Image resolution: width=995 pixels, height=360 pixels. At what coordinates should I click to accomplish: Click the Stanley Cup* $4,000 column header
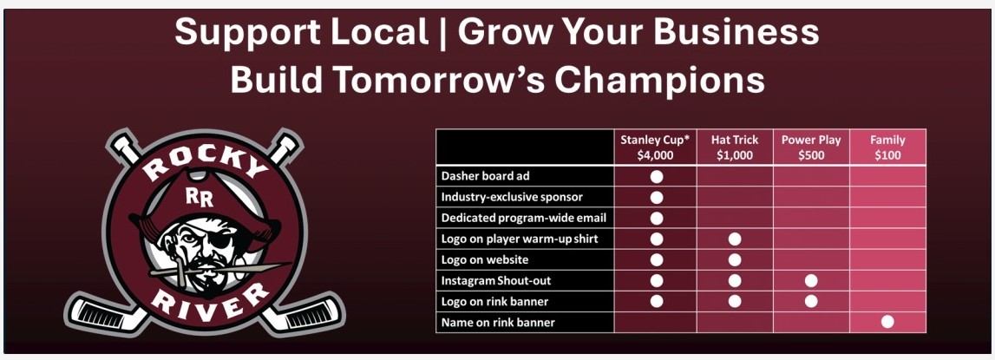[x=656, y=147]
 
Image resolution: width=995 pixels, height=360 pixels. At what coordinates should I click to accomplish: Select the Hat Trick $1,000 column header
[x=735, y=147]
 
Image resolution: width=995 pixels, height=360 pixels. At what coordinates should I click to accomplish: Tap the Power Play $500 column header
[x=811, y=147]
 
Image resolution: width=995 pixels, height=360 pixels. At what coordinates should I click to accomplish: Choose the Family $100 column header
[x=887, y=147]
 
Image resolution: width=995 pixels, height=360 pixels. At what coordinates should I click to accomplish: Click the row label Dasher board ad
[x=486, y=176]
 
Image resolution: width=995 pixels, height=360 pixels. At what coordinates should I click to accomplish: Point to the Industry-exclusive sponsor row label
[x=512, y=197]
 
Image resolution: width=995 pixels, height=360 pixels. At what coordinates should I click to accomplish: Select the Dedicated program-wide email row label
[x=524, y=218]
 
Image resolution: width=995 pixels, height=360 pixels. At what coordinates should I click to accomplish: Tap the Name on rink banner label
[x=498, y=323]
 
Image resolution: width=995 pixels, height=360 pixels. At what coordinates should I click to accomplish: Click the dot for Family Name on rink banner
[x=887, y=322]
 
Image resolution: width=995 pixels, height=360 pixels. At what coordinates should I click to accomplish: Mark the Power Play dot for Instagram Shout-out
[x=811, y=281]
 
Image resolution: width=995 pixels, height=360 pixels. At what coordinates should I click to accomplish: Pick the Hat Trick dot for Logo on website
[x=735, y=259]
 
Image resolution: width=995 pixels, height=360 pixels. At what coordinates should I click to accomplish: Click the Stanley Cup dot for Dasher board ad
[x=657, y=176]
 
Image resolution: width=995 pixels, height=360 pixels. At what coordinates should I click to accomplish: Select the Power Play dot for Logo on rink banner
[x=811, y=301]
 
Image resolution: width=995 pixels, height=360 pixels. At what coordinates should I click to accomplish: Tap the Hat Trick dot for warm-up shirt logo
[x=735, y=239]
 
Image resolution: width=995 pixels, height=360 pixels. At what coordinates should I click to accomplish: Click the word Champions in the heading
[x=659, y=81]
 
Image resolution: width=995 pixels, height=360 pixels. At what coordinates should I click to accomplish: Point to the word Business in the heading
[x=736, y=32]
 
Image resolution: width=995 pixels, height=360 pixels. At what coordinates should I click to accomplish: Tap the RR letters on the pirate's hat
[x=200, y=198]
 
